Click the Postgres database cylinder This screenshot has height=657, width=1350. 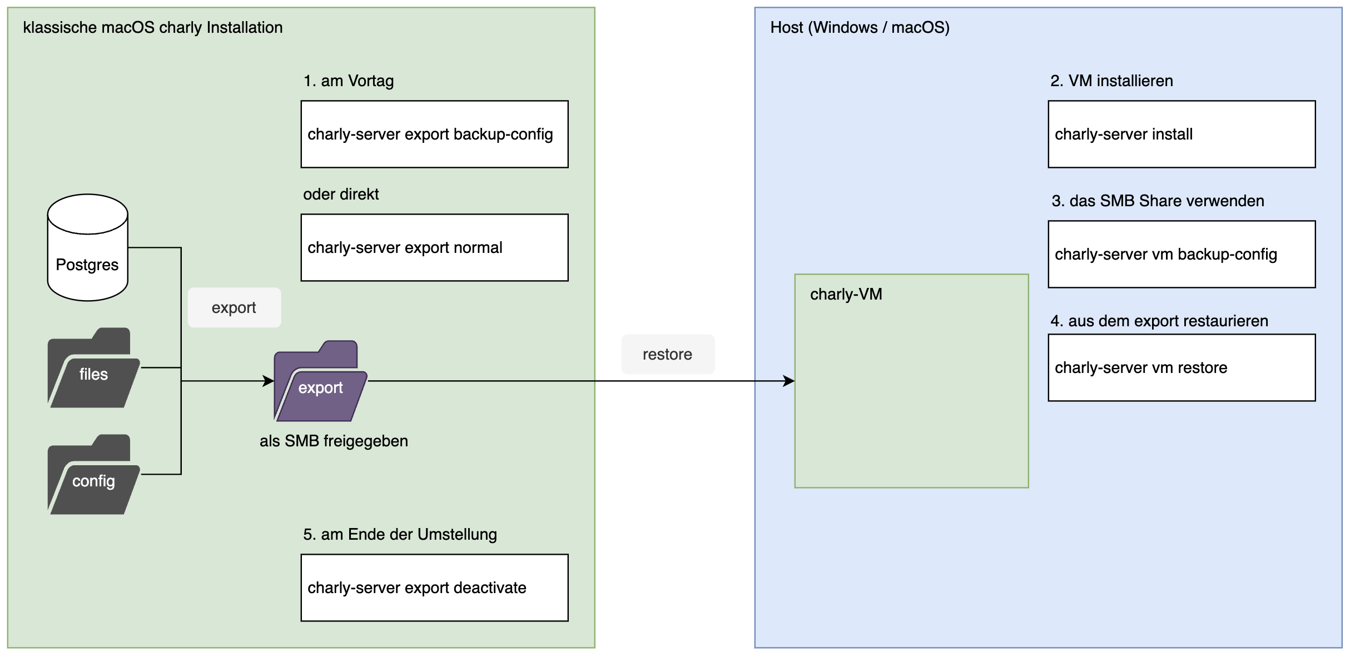point(87,248)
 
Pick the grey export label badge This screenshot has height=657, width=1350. point(234,307)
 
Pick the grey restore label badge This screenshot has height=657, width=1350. point(667,354)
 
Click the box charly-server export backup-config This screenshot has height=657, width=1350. point(434,134)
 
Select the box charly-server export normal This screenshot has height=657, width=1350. point(434,247)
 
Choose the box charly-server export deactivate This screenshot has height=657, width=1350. point(434,588)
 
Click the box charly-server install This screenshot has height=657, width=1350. point(1181,134)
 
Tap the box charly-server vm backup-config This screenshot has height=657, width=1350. point(1181,254)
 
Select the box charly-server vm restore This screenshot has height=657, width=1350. point(1181,367)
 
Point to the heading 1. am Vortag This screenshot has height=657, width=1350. point(349,81)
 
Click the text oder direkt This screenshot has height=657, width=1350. point(340,195)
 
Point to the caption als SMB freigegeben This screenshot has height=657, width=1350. point(334,441)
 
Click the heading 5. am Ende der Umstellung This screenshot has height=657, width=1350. point(400,535)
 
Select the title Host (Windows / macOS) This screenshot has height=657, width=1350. point(860,28)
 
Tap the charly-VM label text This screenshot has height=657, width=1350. point(846,295)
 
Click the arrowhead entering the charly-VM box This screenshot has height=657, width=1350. point(789,381)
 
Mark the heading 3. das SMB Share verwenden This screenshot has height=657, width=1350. point(1158,201)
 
